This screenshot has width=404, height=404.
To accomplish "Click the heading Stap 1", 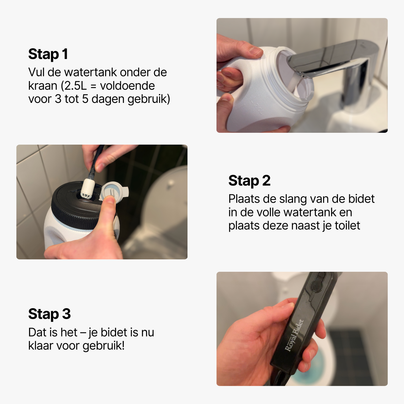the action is click(x=48, y=54).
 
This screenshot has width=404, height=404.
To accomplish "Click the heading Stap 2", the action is click(x=249, y=181).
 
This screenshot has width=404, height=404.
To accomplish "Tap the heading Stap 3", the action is click(x=49, y=314).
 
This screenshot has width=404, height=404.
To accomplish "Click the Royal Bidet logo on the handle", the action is click(x=294, y=336).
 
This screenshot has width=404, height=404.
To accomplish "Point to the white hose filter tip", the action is click(x=88, y=189).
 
